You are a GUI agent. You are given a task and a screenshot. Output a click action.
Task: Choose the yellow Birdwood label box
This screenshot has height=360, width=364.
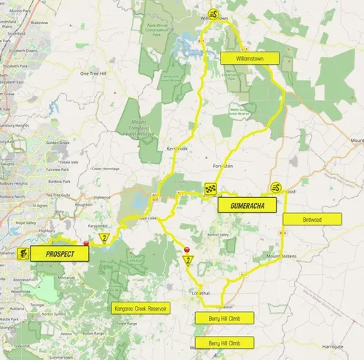click(312, 218)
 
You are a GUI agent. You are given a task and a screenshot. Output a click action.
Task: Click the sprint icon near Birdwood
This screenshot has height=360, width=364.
click(276, 188)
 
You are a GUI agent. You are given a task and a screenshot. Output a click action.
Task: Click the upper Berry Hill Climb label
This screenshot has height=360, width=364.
click(224, 317)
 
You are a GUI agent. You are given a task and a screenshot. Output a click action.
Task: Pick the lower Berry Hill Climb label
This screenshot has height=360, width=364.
click(224, 342)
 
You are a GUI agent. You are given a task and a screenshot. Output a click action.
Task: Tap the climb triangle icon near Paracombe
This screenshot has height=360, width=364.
click(105, 238)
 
